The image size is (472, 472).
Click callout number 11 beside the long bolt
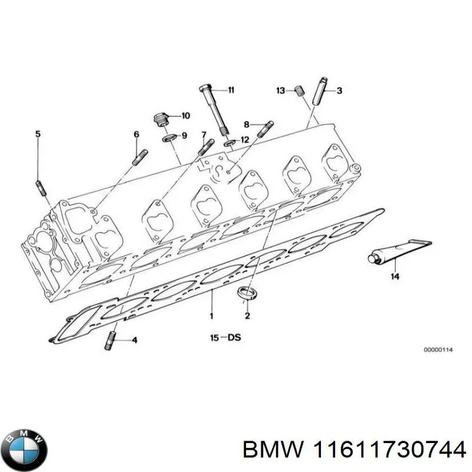pos(231,90)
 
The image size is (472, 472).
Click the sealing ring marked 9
pos(168,137)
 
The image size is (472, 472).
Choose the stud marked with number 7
pos(208,146)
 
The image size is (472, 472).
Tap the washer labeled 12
pos(228,142)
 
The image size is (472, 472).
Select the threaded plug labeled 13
pos(299,91)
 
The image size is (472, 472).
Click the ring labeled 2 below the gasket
pos(247,293)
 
